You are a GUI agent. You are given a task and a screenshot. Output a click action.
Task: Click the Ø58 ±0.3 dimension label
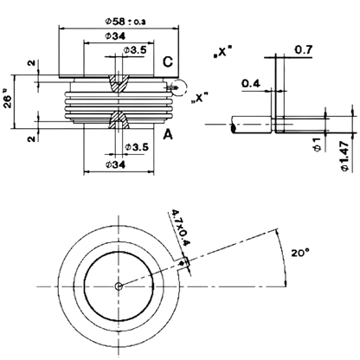pyautogui.click(x=125, y=22)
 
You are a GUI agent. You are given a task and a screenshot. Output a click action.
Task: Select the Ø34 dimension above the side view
pyautogui.click(x=115, y=36)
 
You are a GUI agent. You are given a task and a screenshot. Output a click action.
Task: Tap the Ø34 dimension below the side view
pyautogui.click(x=115, y=164)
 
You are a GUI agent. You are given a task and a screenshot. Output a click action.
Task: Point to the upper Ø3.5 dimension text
pyautogui.click(x=135, y=49)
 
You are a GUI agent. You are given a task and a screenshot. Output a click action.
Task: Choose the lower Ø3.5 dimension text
pyautogui.click(x=137, y=147)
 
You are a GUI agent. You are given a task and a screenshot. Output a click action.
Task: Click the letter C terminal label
pyautogui.click(x=168, y=62)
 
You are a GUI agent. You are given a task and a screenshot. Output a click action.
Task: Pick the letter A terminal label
pyautogui.click(x=168, y=134)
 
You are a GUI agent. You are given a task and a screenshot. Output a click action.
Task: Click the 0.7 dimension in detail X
pyautogui.click(x=304, y=50)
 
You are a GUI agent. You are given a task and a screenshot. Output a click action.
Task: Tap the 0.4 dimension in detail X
pyautogui.click(x=251, y=84)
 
